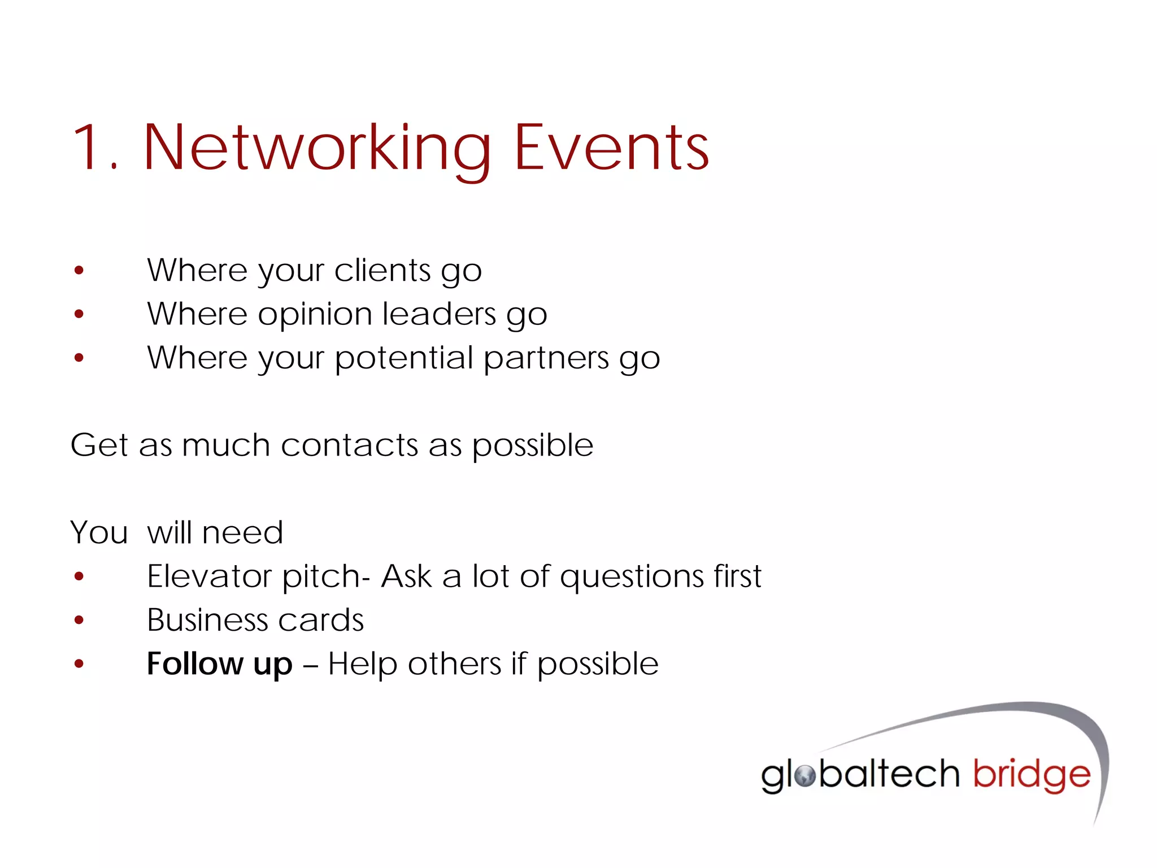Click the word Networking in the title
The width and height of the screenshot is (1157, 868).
(317, 148)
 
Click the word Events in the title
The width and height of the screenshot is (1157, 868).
(611, 148)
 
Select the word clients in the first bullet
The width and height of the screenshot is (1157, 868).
(382, 270)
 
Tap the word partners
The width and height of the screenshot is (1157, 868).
(546, 359)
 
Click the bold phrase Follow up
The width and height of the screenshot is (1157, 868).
(220, 664)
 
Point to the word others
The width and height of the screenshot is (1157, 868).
(454, 664)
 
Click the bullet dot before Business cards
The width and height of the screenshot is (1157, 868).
(79, 620)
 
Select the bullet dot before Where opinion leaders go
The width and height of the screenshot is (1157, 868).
(79, 314)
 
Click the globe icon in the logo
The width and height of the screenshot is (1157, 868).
(804, 775)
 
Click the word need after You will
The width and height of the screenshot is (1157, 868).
(242, 533)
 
